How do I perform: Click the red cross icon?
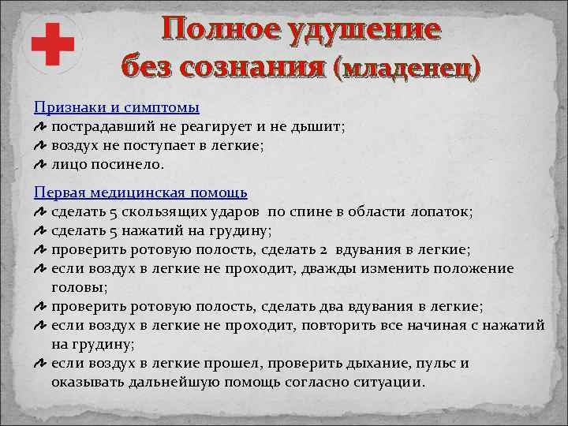point(54,43)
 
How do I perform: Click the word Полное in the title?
point(211,30)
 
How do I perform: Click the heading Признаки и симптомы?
point(116,107)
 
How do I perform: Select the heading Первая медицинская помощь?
point(140,192)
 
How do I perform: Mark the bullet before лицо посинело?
point(40,164)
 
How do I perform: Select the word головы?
point(79,287)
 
